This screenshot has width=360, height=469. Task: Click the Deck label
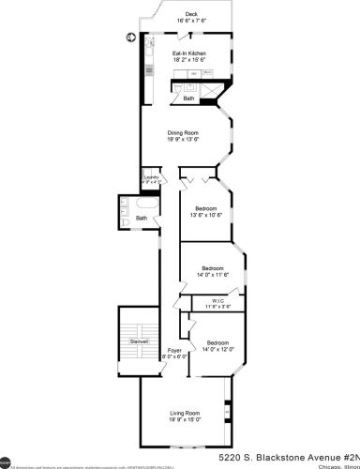pyautogui.click(x=191, y=14)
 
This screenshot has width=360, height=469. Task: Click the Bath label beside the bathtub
pyautogui.click(x=142, y=219)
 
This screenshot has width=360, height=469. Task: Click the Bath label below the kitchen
pyautogui.click(x=188, y=98)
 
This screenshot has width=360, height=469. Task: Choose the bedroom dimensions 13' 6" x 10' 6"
pyautogui.click(x=206, y=215)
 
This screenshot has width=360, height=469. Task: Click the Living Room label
pyautogui.click(x=184, y=413)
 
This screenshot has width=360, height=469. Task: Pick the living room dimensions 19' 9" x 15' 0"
pyautogui.click(x=184, y=420)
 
